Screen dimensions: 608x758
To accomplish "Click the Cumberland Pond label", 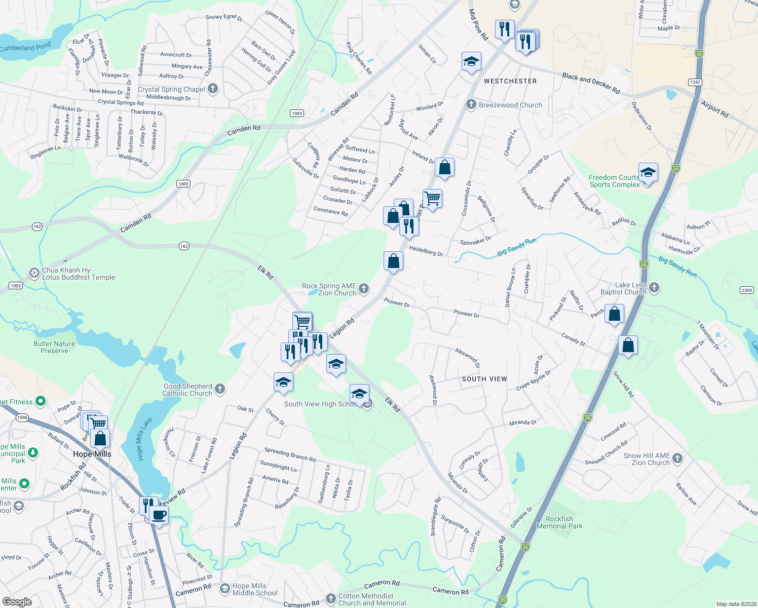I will [25, 48].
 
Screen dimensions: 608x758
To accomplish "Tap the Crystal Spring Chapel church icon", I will [213, 89].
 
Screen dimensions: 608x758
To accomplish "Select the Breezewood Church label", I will [510, 105].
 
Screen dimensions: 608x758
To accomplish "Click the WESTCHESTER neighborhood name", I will [510, 81].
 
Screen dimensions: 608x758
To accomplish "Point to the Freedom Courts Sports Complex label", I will [614, 181].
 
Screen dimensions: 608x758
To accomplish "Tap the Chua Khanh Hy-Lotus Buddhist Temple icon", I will [34, 274].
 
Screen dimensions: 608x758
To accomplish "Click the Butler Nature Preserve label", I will [54, 347].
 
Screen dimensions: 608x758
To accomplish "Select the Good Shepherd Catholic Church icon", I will [219, 389].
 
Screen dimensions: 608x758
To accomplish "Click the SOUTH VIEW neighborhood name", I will [484, 379].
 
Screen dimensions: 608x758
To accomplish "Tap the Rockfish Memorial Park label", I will [559, 522].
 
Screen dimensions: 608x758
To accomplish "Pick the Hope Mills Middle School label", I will [255, 589].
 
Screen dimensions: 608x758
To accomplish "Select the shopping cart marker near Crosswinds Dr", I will [432, 198].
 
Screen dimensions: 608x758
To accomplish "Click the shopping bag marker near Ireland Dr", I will [444, 168].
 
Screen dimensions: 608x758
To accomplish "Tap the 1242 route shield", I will [695, 82].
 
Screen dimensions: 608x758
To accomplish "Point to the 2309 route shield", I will [746, 290].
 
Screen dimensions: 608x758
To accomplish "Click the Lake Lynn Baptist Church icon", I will [654, 288].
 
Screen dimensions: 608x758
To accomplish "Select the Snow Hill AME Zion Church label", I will [647, 459].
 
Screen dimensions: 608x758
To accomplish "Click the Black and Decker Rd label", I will [591, 83].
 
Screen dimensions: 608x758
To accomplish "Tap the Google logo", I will [17, 601].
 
